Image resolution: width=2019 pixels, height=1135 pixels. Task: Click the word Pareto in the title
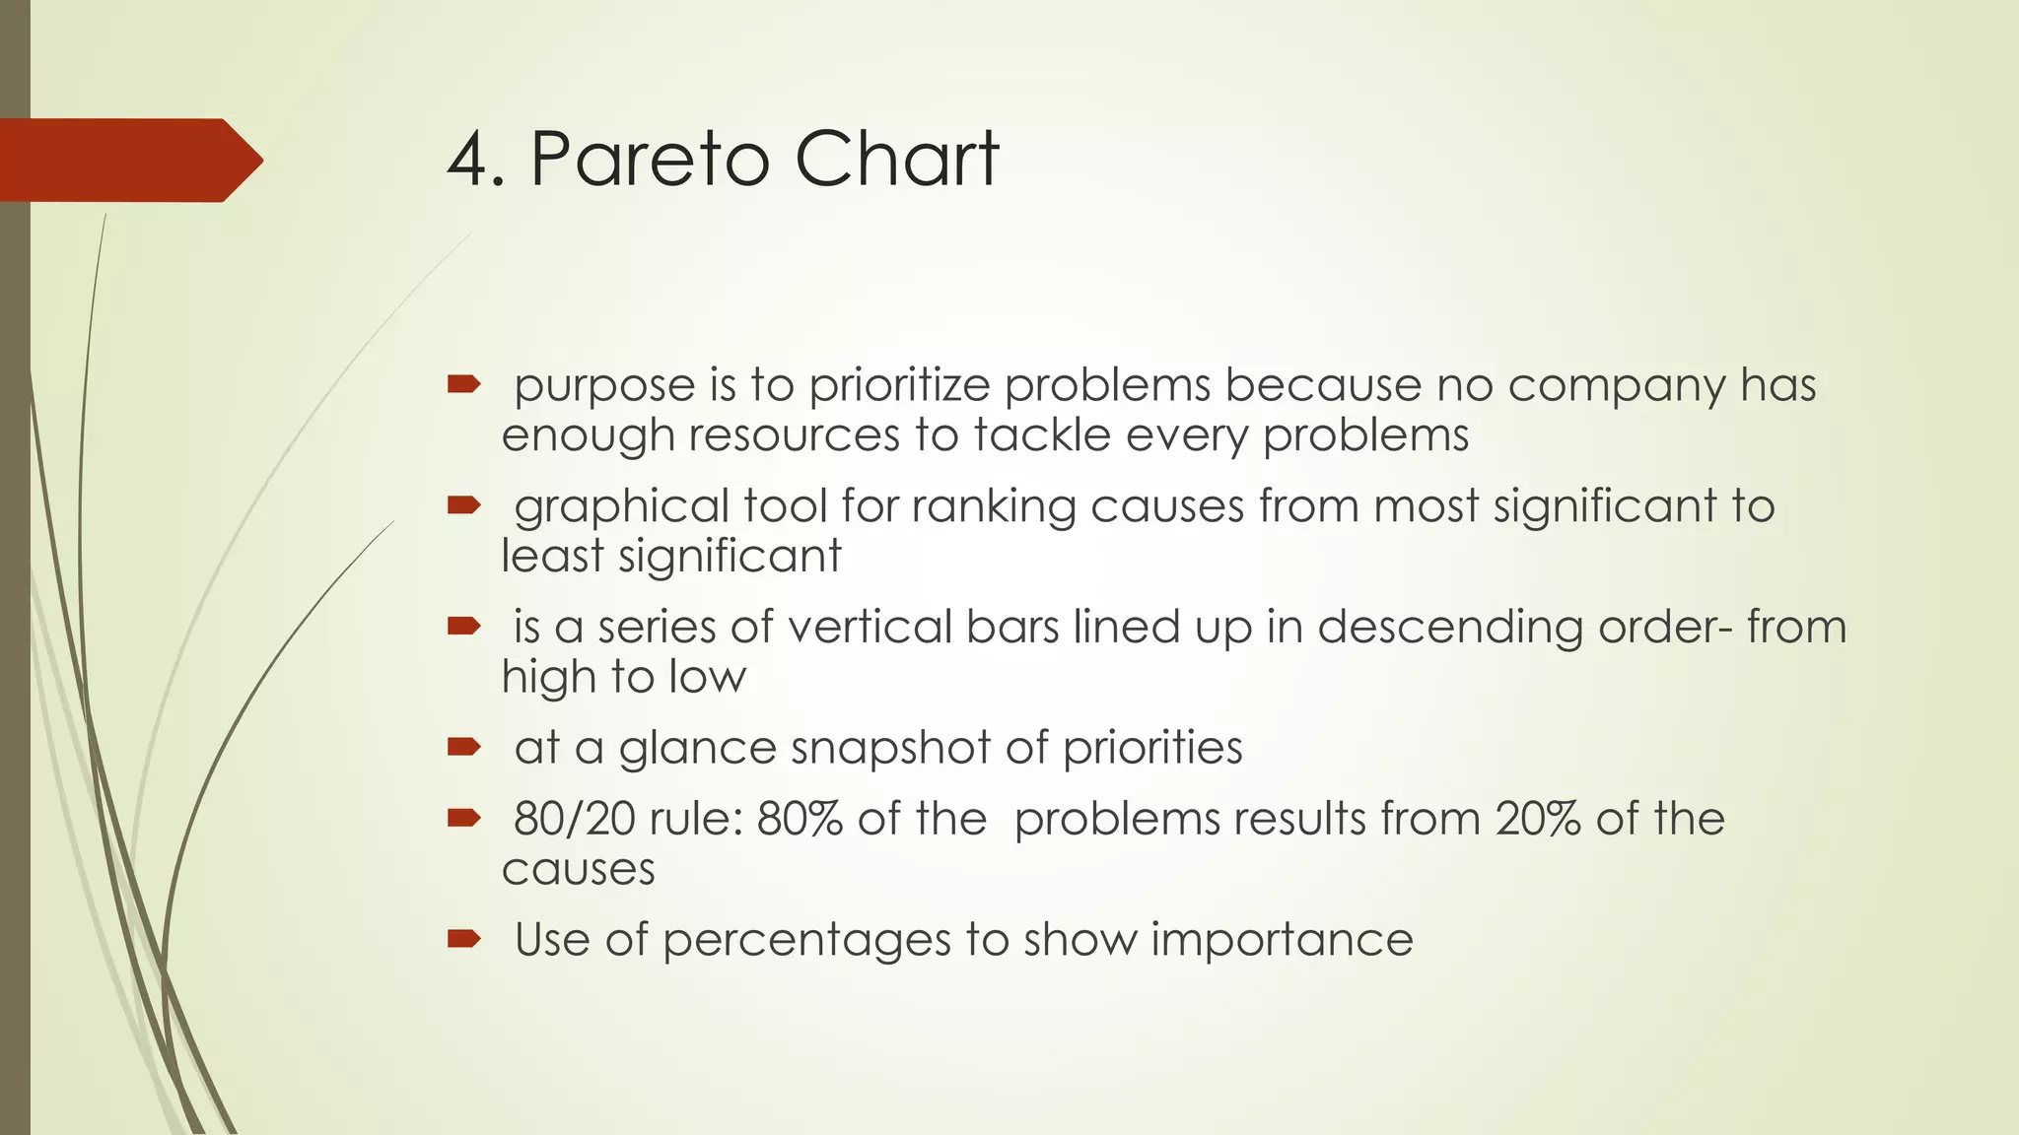tap(649, 159)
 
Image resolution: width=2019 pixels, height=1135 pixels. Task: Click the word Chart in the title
tap(896, 159)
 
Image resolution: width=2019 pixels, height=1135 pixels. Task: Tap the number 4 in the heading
tap(468, 159)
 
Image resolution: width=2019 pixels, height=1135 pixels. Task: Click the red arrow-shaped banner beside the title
tap(128, 161)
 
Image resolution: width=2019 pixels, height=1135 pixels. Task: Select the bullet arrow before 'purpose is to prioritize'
tap(463, 384)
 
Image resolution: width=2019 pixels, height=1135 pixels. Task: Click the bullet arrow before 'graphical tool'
tap(463, 505)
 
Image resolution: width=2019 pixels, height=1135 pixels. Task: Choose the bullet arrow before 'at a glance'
tap(463, 747)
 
